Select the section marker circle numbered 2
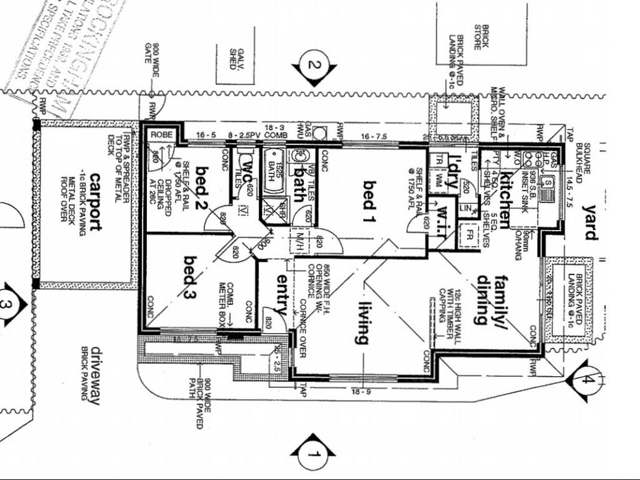pyautogui.click(x=314, y=64)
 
